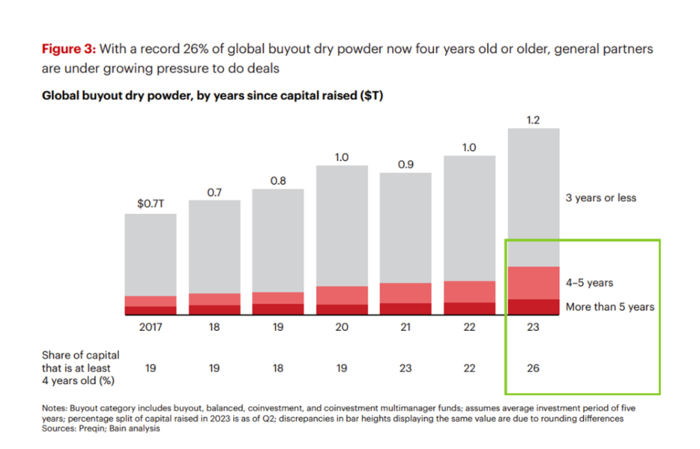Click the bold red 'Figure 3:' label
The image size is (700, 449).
pos(70,49)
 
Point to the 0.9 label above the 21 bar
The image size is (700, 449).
pos(405,164)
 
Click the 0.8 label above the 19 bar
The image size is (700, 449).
pos(278,180)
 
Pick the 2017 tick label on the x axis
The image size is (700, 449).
pos(150,327)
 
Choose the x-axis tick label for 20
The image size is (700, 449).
pos(342,327)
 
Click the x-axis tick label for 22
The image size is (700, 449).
pos(470,327)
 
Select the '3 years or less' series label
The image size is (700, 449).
pos(601,198)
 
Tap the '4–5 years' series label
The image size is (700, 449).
pos(589,283)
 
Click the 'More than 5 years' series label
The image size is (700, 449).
pos(610,307)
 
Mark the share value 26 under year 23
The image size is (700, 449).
pos(533,368)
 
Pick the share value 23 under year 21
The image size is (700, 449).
pos(405,368)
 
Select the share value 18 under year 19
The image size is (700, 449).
pos(278,368)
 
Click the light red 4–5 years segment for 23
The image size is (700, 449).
pos(533,282)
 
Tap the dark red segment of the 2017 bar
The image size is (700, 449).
pos(150,310)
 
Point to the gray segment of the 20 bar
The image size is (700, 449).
pos(342,226)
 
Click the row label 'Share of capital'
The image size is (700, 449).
pos(81,355)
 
